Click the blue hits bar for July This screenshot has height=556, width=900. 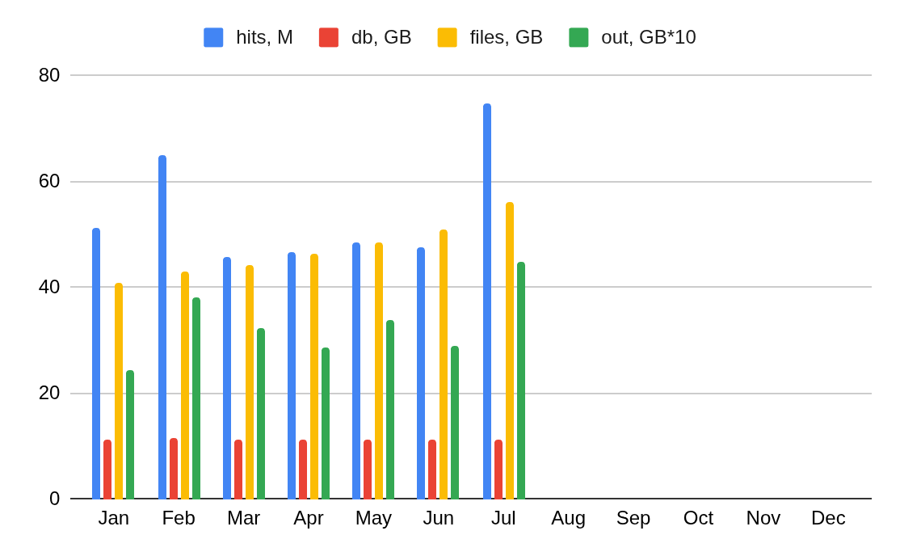(x=487, y=301)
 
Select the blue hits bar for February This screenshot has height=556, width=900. (x=162, y=326)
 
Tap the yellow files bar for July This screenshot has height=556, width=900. (x=510, y=350)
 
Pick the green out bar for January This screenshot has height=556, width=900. (x=130, y=434)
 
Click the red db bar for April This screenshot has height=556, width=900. (x=303, y=469)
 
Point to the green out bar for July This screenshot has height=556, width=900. (x=521, y=380)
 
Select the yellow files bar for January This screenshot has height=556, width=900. (x=119, y=390)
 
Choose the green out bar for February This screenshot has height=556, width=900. (x=196, y=398)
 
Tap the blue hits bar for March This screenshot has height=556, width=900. (x=227, y=377)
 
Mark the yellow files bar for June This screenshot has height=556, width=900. (x=444, y=364)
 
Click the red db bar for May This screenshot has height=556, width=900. (x=368, y=469)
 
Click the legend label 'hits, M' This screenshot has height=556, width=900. (x=264, y=37)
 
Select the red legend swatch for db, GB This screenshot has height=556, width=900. (x=329, y=37)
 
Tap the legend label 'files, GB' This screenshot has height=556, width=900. (x=506, y=37)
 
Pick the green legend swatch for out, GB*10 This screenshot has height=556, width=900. (x=578, y=37)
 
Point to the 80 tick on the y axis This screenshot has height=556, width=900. (x=49, y=75)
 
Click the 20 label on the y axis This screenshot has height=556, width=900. (x=49, y=393)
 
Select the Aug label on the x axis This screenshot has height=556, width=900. (x=568, y=518)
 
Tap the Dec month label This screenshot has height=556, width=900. (x=828, y=518)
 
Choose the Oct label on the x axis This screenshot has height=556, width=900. (x=698, y=518)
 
